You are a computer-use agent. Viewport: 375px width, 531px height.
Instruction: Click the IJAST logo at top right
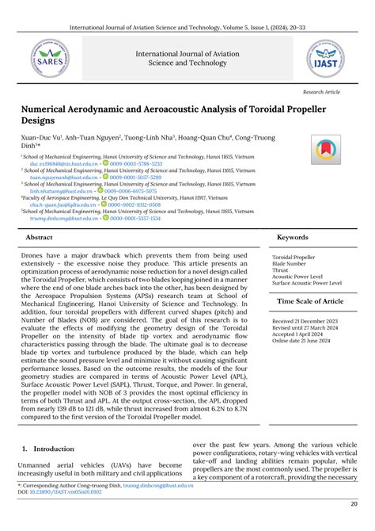(325, 58)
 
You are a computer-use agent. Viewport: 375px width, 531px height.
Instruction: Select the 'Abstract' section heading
(40, 237)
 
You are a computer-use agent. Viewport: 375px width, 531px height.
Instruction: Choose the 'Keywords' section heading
(293, 237)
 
